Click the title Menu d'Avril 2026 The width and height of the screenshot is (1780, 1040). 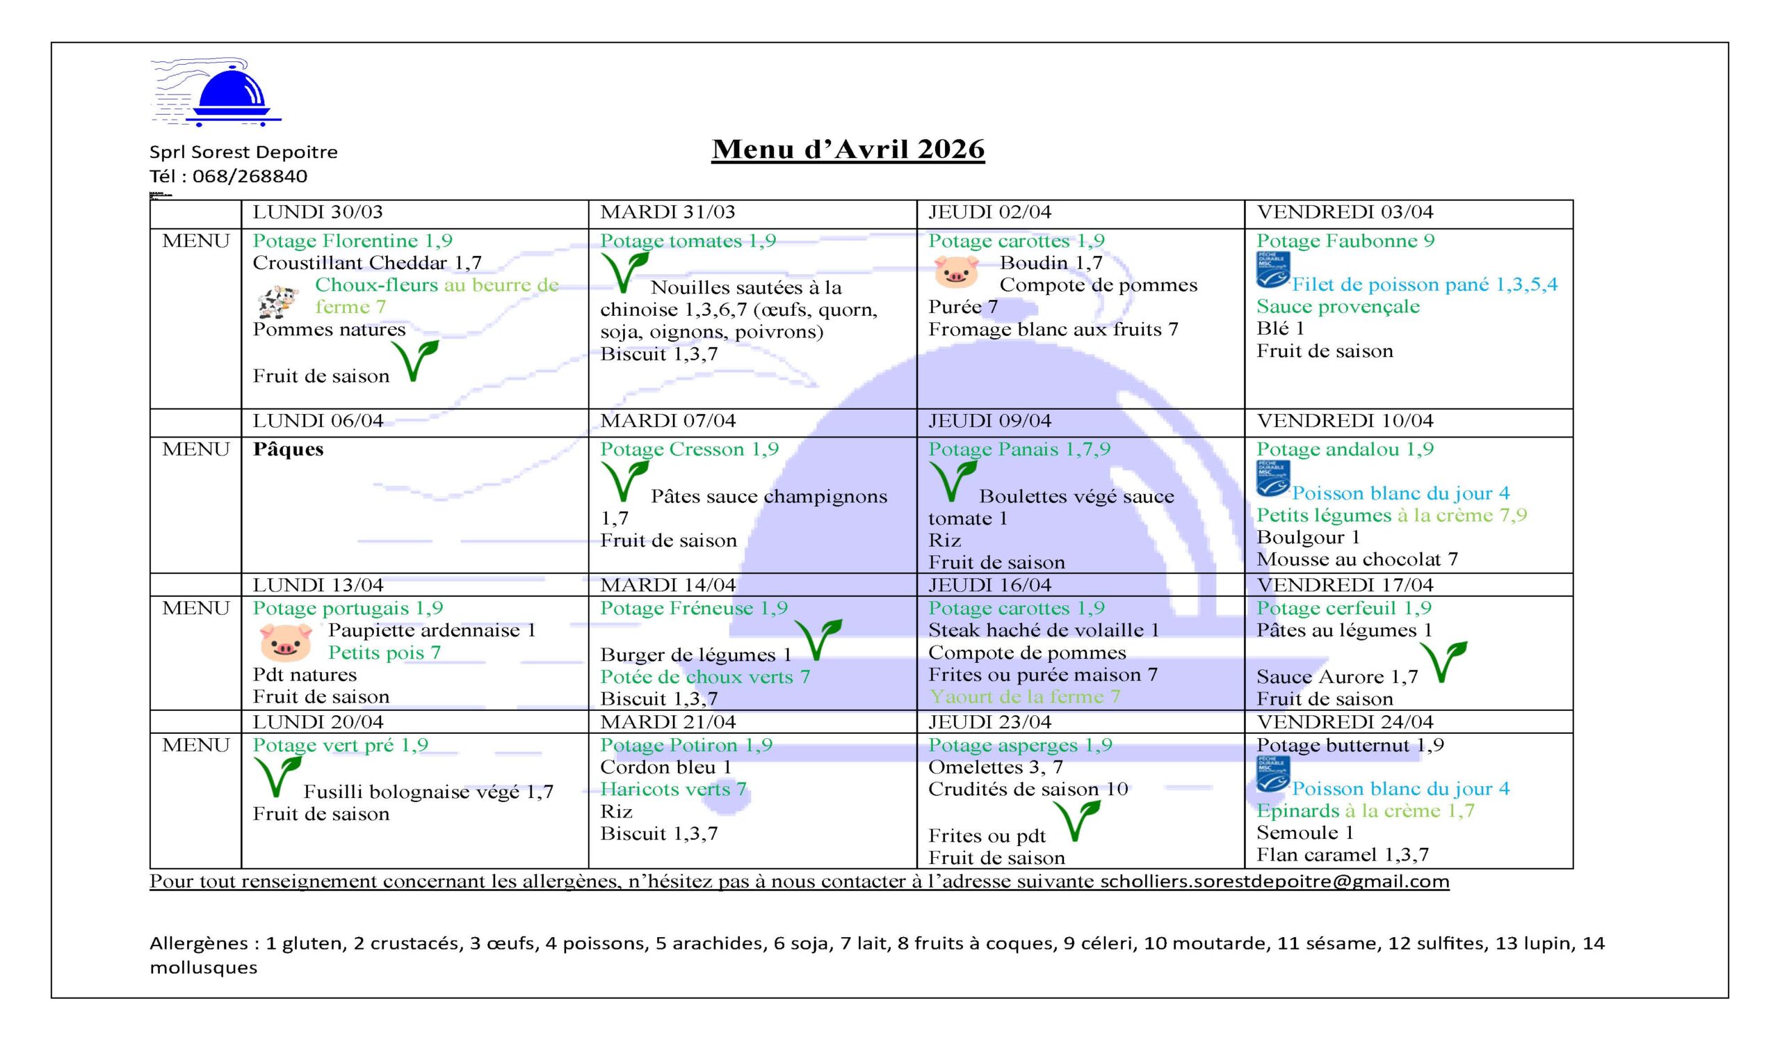click(x=848, y=150)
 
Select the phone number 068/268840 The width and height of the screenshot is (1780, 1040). click(x=250, y=177)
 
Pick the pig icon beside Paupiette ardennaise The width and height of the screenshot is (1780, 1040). click(x=285, y=641)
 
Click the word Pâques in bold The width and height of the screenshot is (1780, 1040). click(x=288, y=449)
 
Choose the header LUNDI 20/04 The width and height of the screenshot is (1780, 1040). click(x=318, y=722)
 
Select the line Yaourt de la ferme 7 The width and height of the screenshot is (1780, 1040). click(x=1024, y=696)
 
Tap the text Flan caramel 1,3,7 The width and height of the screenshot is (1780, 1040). click(x=1342, y=855)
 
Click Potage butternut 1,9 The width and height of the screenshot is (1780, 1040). click(x=1350, y=745)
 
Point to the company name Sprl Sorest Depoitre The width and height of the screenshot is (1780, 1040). click(x=243, y=152)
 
